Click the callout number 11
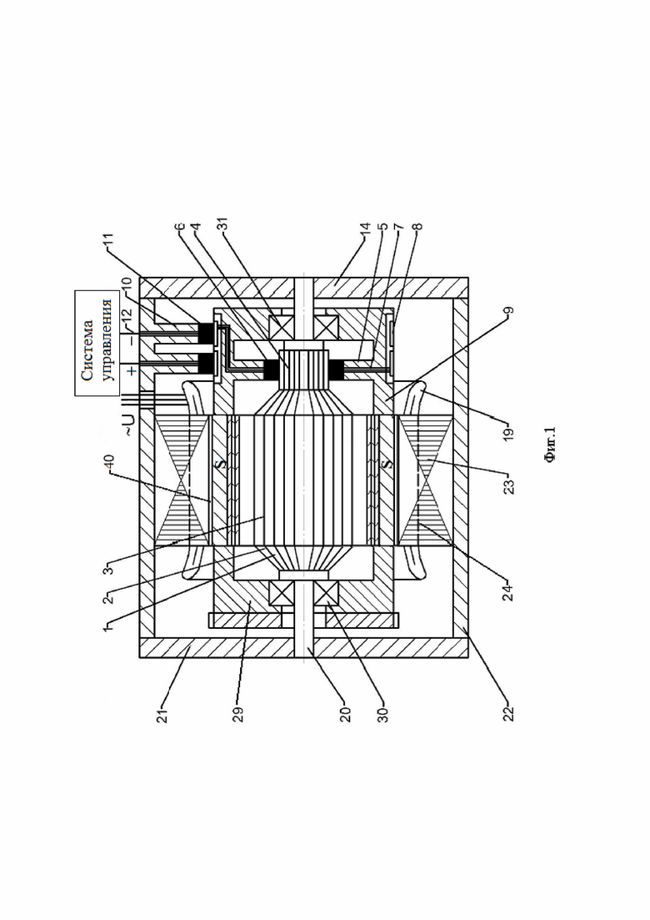110,241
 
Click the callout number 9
508,313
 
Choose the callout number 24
508,591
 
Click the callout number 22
508,711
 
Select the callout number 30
382,711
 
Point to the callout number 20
345,711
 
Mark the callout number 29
238,711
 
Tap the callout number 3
109,569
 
